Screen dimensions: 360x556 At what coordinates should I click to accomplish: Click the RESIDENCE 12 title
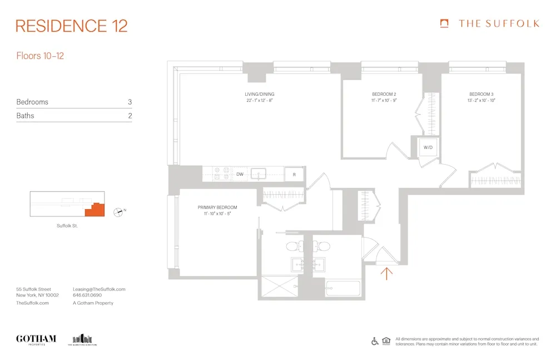[x=72, y=26]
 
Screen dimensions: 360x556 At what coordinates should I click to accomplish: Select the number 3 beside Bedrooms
[x=130, y=102]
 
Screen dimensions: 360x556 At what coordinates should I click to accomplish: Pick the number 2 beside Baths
[x=130, y=116]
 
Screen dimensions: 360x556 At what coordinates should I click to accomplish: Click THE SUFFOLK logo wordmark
[x=498, y=23]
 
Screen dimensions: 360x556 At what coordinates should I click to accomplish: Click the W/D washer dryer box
[x=428, y=147]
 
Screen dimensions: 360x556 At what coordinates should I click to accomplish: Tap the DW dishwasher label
[x=240, y=174]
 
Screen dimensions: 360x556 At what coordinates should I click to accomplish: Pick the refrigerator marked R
[x=294, y=174]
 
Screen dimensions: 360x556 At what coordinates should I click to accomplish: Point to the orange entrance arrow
[x=387, y=272]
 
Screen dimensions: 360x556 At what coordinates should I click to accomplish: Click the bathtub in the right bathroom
[x=343, y=288]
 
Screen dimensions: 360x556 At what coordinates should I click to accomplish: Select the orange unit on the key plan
[x=95, y=210]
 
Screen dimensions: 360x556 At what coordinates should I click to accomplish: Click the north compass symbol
[x=118, y=211]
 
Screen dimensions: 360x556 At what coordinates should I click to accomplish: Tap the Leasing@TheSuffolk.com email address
[x=99, y=289]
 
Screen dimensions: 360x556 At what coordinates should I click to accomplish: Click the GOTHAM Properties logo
[x=36, y=339]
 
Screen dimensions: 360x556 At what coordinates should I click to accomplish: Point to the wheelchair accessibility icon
[x=375, y=341]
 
